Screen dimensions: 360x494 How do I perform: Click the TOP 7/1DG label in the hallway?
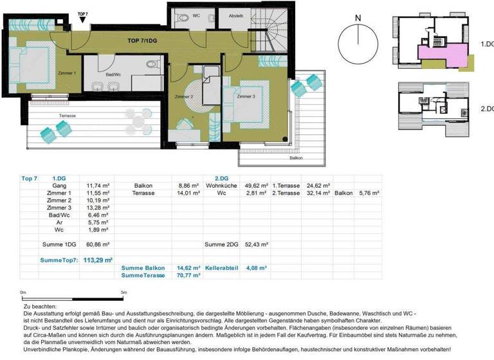(143, 40)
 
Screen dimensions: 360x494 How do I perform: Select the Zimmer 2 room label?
(183, 96)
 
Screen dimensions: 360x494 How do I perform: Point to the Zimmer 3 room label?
(245, 96)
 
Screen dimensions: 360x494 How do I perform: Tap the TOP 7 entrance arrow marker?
(82, 19)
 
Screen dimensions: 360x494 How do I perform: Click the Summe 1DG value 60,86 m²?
(98, 244)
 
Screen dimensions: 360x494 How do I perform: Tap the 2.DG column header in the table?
(212, 177)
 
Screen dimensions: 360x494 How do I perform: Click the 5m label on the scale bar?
(124, 292)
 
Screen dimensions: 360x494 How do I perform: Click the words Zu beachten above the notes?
(39, 307)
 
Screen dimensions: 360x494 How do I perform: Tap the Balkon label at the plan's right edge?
(296, 157)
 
